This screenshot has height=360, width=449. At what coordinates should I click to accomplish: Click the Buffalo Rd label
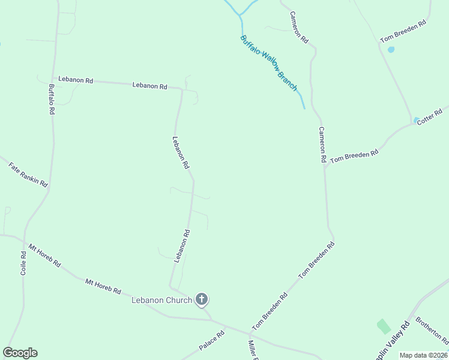point(52,99)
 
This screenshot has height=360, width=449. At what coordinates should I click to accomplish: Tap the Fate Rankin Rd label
point(28,175)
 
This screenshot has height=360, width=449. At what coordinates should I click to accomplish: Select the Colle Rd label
point(23,262)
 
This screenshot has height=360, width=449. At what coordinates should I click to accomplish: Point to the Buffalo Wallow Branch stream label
point(269,63)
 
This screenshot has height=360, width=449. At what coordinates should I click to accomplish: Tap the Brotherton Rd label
point(432,330)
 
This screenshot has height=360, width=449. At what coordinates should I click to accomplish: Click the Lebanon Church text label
point(161,300)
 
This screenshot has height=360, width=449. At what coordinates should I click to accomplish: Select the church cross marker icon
point(202,299)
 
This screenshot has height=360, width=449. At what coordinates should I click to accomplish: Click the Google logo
point(20,353)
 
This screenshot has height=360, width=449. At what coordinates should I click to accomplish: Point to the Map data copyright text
point(424,355)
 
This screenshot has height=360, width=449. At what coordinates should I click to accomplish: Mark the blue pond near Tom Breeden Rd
point(391,49)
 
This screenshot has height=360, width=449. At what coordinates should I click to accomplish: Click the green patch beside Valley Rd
point(384,326)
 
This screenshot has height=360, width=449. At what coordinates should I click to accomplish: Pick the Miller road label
point(253,350)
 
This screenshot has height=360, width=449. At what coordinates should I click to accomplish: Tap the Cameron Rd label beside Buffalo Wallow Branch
point(298,28)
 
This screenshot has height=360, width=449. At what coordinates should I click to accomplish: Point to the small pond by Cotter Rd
point(417,119)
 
